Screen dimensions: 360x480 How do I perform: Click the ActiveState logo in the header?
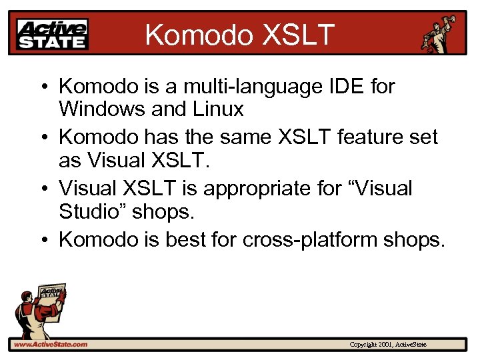coord(53,33)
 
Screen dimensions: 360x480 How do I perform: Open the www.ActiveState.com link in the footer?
coord(50,344)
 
